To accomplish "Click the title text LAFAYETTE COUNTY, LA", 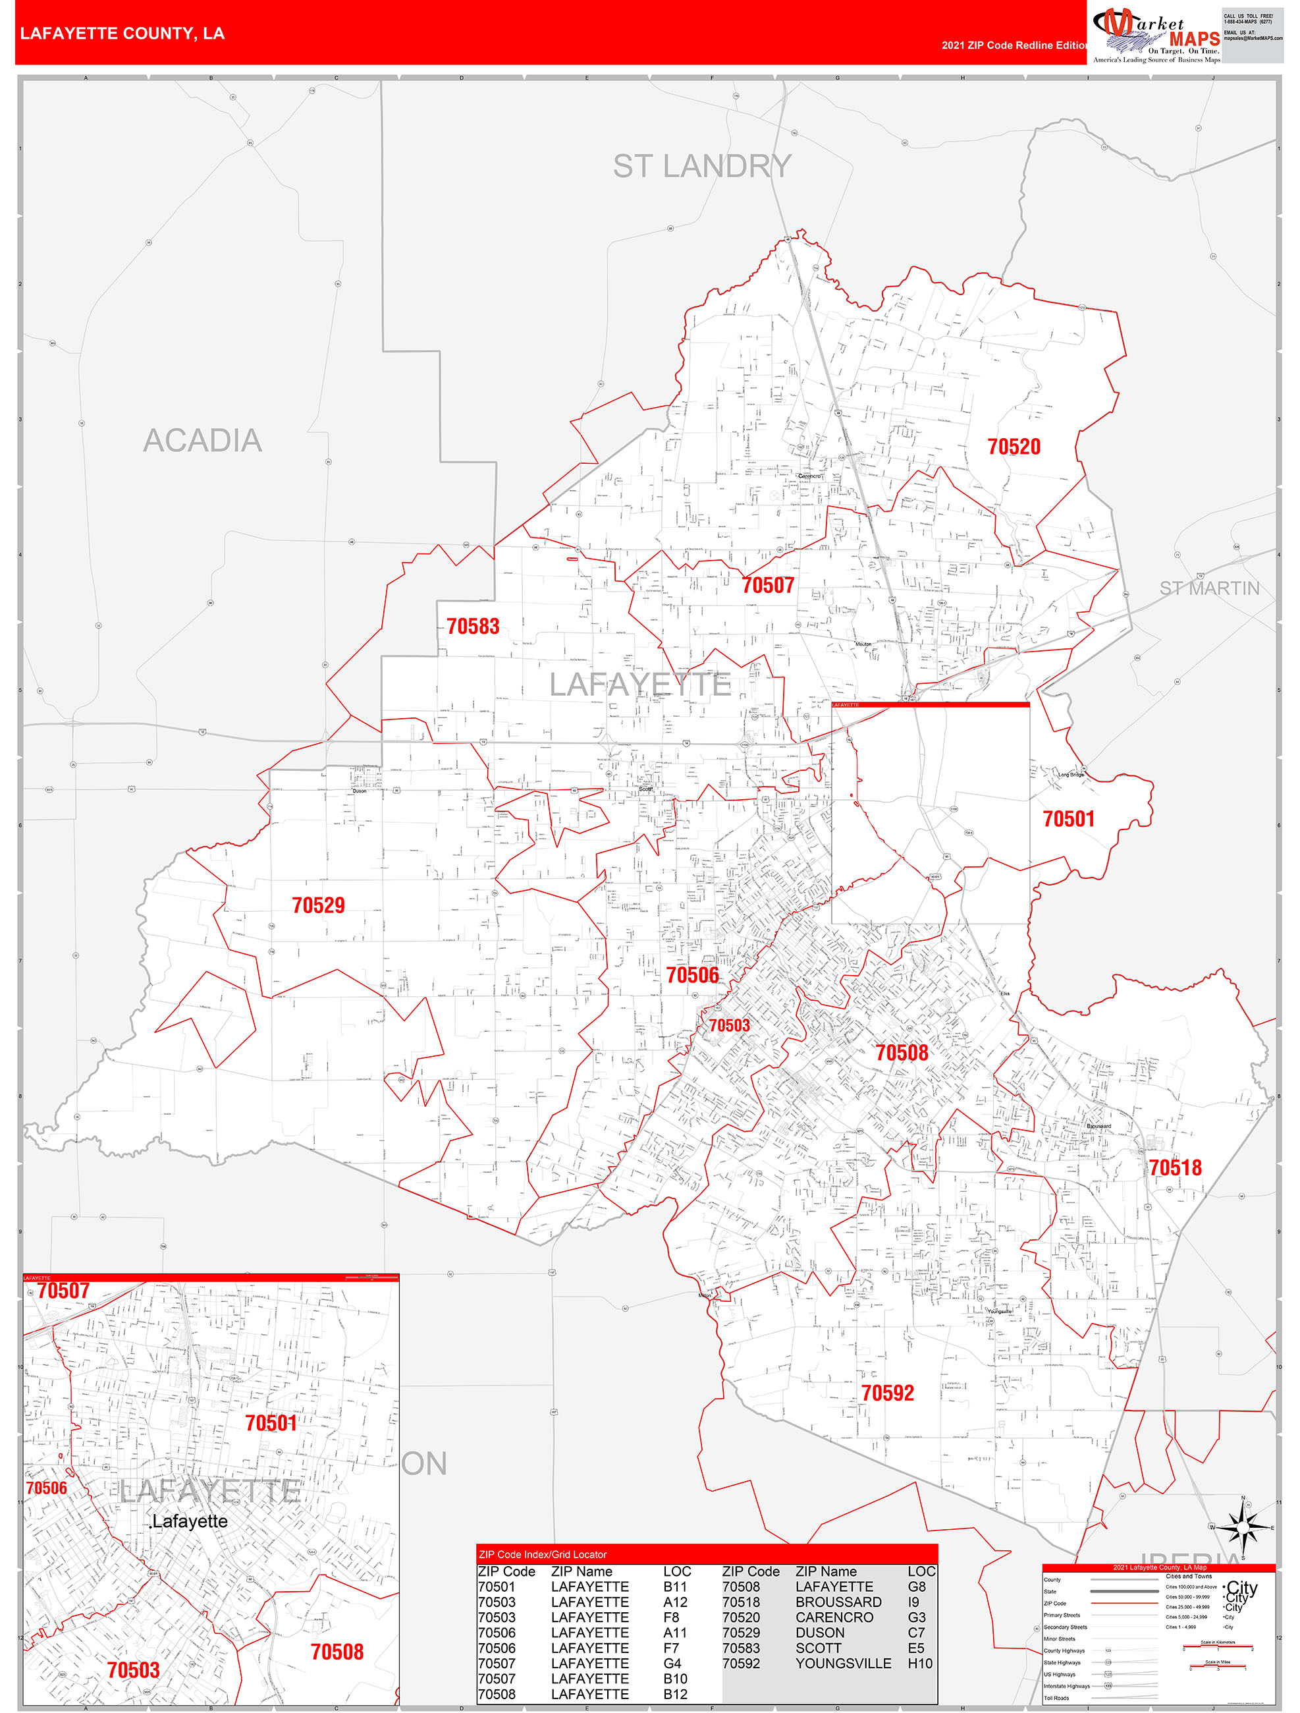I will tap(122, 34).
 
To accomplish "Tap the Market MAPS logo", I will tap(1156, 35).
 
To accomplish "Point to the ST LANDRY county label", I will tap(701, 167).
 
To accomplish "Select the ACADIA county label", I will tap(202, 441).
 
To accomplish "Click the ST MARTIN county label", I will tap(1208, 588).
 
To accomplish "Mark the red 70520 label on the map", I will tap(1014, 447).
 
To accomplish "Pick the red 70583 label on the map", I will tap(472, 627).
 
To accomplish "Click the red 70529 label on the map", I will tap(318, 905).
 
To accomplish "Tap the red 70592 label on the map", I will tap(887, 1393).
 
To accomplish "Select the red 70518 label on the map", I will tap(1175, 1168).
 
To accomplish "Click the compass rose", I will tap(1243, 1528).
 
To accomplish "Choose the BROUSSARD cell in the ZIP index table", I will tap(838, 1602).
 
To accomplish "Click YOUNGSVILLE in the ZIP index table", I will tap(842, 1663).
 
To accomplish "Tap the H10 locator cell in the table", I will tap(920, 1663).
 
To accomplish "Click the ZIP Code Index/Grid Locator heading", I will tap(542, 1554).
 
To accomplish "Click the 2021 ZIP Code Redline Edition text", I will tap(1014, 45).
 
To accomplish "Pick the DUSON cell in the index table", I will tap(820, 1633).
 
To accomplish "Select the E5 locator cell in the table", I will tap(916, 1648).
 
